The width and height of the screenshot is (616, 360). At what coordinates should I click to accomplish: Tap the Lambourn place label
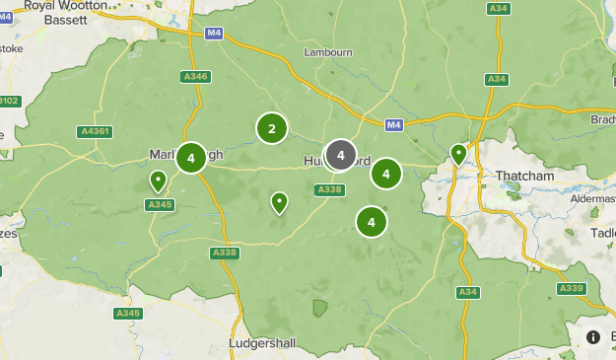pos(327,52)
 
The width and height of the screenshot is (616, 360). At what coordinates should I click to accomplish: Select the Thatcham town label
pos(525,177)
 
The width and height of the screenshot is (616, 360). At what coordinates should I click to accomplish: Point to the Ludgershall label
pos(262,342)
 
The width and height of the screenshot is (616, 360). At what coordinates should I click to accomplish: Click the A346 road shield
pos(196,76)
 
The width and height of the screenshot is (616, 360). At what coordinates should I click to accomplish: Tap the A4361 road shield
pos(96,131)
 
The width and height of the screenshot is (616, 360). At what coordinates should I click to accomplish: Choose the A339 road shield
pos(571,288)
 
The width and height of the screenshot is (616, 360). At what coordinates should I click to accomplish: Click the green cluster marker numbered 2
pos(272,127)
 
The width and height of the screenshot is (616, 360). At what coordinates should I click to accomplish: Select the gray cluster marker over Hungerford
pos(340,155)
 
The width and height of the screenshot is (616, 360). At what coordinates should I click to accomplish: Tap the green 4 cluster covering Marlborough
pos(190,158)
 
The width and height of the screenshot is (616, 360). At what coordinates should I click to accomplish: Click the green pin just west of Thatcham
pos(458,154)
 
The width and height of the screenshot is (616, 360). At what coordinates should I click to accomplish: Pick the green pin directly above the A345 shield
pos(158,180)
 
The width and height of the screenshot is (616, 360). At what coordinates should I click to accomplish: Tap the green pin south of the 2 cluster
pos(279,202)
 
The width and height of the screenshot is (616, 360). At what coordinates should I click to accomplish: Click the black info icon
pos(592,336)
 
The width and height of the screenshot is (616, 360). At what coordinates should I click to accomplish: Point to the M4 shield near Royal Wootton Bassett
pos(214,33)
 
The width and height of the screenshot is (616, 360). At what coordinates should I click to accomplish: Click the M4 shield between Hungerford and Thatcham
pos(394,124)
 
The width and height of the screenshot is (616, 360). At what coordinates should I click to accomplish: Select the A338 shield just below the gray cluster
pos(332,190)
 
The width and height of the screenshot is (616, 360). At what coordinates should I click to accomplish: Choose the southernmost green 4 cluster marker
pos(372,222)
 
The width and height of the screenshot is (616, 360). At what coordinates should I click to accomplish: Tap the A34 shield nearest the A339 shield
pos(468,292)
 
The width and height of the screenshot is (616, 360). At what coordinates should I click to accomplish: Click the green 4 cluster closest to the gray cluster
pos(386,175)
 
